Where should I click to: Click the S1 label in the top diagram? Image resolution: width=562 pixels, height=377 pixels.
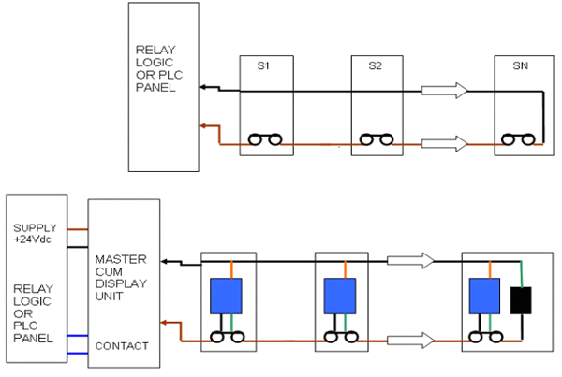(x=265, y=65)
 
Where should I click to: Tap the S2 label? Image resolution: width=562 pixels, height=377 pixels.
(x=376, y=65)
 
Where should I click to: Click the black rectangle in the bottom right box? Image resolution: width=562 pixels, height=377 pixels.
(x=521, y=300)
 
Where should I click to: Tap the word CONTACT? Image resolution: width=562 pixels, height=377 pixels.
(x=122, y=345)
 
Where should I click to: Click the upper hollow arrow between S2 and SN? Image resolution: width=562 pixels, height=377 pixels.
(x=445, y=91)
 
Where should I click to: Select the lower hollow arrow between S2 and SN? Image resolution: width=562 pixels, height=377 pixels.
(x=445, y=143)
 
